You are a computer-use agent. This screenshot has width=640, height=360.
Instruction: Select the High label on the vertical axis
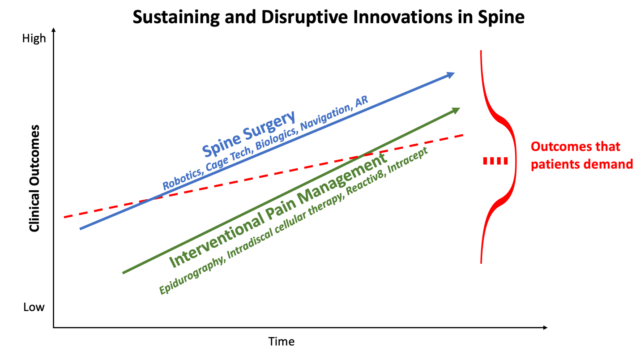point(34,39)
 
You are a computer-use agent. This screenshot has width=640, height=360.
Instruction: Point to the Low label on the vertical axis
point(34,307)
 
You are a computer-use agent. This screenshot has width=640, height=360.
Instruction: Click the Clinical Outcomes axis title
point(34,178)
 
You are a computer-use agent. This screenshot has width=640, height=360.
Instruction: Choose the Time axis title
point(281,342)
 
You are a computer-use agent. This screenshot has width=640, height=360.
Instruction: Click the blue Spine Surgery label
point(248,134)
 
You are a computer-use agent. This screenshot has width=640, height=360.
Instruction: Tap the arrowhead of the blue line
point(450,75)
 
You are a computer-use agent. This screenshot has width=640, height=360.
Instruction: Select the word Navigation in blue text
point(325,117)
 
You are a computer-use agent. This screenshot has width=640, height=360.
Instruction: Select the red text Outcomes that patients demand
point(582,155)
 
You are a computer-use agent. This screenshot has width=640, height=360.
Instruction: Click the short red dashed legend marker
point(495,161)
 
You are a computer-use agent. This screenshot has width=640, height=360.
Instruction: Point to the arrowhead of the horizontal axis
point(545,327)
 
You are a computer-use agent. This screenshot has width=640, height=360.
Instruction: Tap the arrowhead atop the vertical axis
point(54,30)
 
